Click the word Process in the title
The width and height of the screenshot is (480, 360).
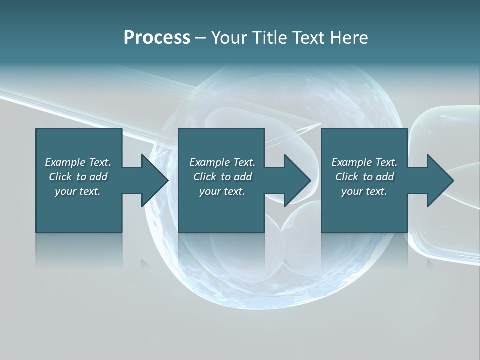pyautogui.click(x=157, y=38)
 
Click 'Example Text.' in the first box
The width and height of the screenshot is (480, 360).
pyautogui.click(x=78, y=162)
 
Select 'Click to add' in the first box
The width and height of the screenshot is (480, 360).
pyautogui.click(x=78, y=177)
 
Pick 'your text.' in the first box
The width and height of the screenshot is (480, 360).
pyautogui.click(x=78, y=191)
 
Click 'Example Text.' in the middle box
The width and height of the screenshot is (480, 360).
pyautogui.click(x=222, y=162)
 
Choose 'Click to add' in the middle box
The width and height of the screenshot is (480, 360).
pyautogui.click(x=222, y=177)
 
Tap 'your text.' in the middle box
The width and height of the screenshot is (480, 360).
pyautogui.click(x=222, y=191)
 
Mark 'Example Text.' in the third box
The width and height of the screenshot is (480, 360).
pyautogui.click(x=364, y=162)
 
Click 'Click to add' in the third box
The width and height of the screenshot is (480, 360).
pyautogui.click(x=364, y=177)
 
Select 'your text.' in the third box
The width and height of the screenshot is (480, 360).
pyautogui.click(x=364, y=191)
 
